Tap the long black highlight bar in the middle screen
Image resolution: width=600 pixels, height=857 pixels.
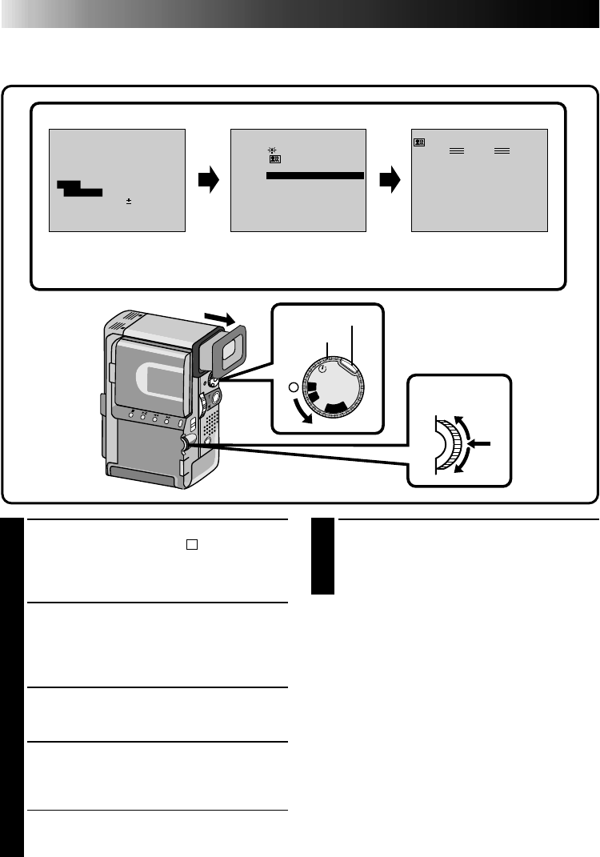314,174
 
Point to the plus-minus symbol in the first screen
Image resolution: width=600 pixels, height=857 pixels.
128,202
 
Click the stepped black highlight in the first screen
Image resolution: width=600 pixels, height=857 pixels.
78,188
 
